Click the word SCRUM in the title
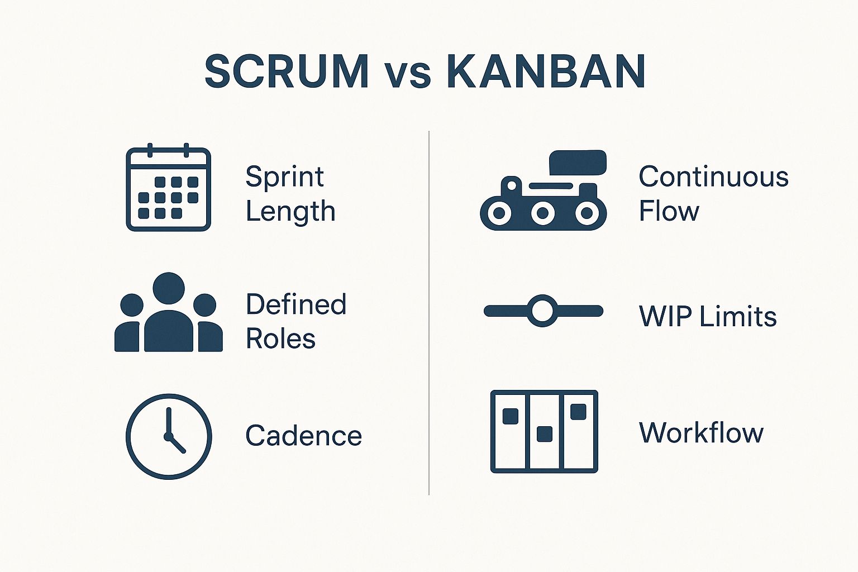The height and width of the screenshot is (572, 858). click(x=287, y=71)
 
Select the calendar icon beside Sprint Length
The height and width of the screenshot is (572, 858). click(x=168, y=189)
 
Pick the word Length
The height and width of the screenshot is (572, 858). click(x=290, y=212)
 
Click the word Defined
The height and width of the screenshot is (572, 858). click(x=296, y=304)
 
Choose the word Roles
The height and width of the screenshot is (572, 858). click(x=280, y=339)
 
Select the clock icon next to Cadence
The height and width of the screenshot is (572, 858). click(x=168, y=436)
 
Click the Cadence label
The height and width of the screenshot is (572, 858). click(x=303, y=436)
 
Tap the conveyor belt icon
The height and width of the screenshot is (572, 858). click(x=543, y=204)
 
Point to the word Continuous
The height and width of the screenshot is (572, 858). click(x=713, y=177)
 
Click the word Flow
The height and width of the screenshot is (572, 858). click(x=669, y=211)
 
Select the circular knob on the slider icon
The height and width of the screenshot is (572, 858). click(x=542, y=311)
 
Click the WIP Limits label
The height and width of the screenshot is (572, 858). click(x=708, y=316)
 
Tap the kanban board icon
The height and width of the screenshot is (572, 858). click(x=544, y=431)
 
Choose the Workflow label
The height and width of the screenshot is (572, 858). click(x=701, y=432)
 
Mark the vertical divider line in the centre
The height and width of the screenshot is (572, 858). click(x=429, y=313)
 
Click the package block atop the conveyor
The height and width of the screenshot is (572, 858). click(x=578, y=162)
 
